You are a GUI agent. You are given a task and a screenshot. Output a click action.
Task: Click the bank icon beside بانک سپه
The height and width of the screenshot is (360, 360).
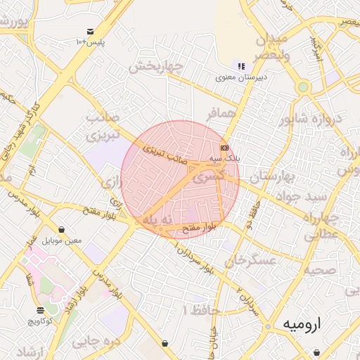[x=224, y=148]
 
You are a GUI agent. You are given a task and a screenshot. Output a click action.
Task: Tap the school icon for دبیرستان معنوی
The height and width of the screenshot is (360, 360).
[x=241, y=66]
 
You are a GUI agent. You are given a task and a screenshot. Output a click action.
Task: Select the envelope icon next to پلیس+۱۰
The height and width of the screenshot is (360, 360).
[x=91, y=32]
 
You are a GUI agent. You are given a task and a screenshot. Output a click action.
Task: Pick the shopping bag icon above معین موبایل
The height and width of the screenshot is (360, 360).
[x=63, y=229]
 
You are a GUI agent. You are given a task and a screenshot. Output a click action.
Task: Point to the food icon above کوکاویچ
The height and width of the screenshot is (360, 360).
[x=40, y=309]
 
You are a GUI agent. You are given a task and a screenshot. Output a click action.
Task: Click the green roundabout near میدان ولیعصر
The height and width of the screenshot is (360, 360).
[x=303, y=87]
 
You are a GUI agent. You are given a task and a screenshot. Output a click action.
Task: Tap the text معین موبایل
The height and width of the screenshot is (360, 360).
[x=63, y=241]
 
